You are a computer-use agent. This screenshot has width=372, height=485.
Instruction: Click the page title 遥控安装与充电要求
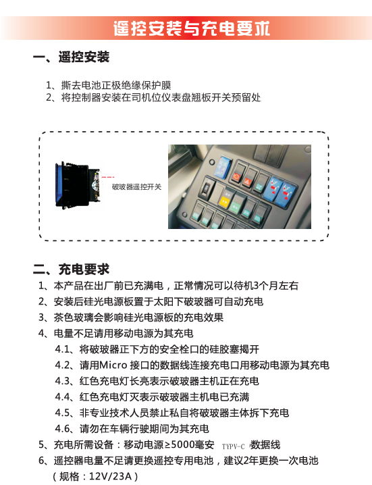(x=192, y=28)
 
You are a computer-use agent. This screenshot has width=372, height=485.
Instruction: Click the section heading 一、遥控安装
(x=71, y=57)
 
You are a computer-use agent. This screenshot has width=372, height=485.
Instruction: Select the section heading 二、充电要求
(x=71, y=269)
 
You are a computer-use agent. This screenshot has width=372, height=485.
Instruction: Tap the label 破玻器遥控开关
(x=136, y=187)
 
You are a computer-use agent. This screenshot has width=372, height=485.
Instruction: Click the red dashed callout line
(x=108, y=177)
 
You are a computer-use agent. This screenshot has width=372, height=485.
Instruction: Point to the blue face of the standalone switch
(x=58, y=184)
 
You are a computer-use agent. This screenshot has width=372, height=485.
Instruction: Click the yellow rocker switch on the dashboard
(x=224, y=201)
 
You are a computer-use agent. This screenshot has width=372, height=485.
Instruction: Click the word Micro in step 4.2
(x=113, y=365)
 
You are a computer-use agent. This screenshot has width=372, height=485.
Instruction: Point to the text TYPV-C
(x=233, y=446)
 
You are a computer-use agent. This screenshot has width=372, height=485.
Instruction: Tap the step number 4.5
(x=63, y=413)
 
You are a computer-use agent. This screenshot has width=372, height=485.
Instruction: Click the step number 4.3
(x=63, y=381)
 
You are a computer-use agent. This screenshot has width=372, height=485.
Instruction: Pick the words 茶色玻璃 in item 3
(x=74, y=317)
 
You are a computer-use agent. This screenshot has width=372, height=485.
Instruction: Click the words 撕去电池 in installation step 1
(x=81, y=85)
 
